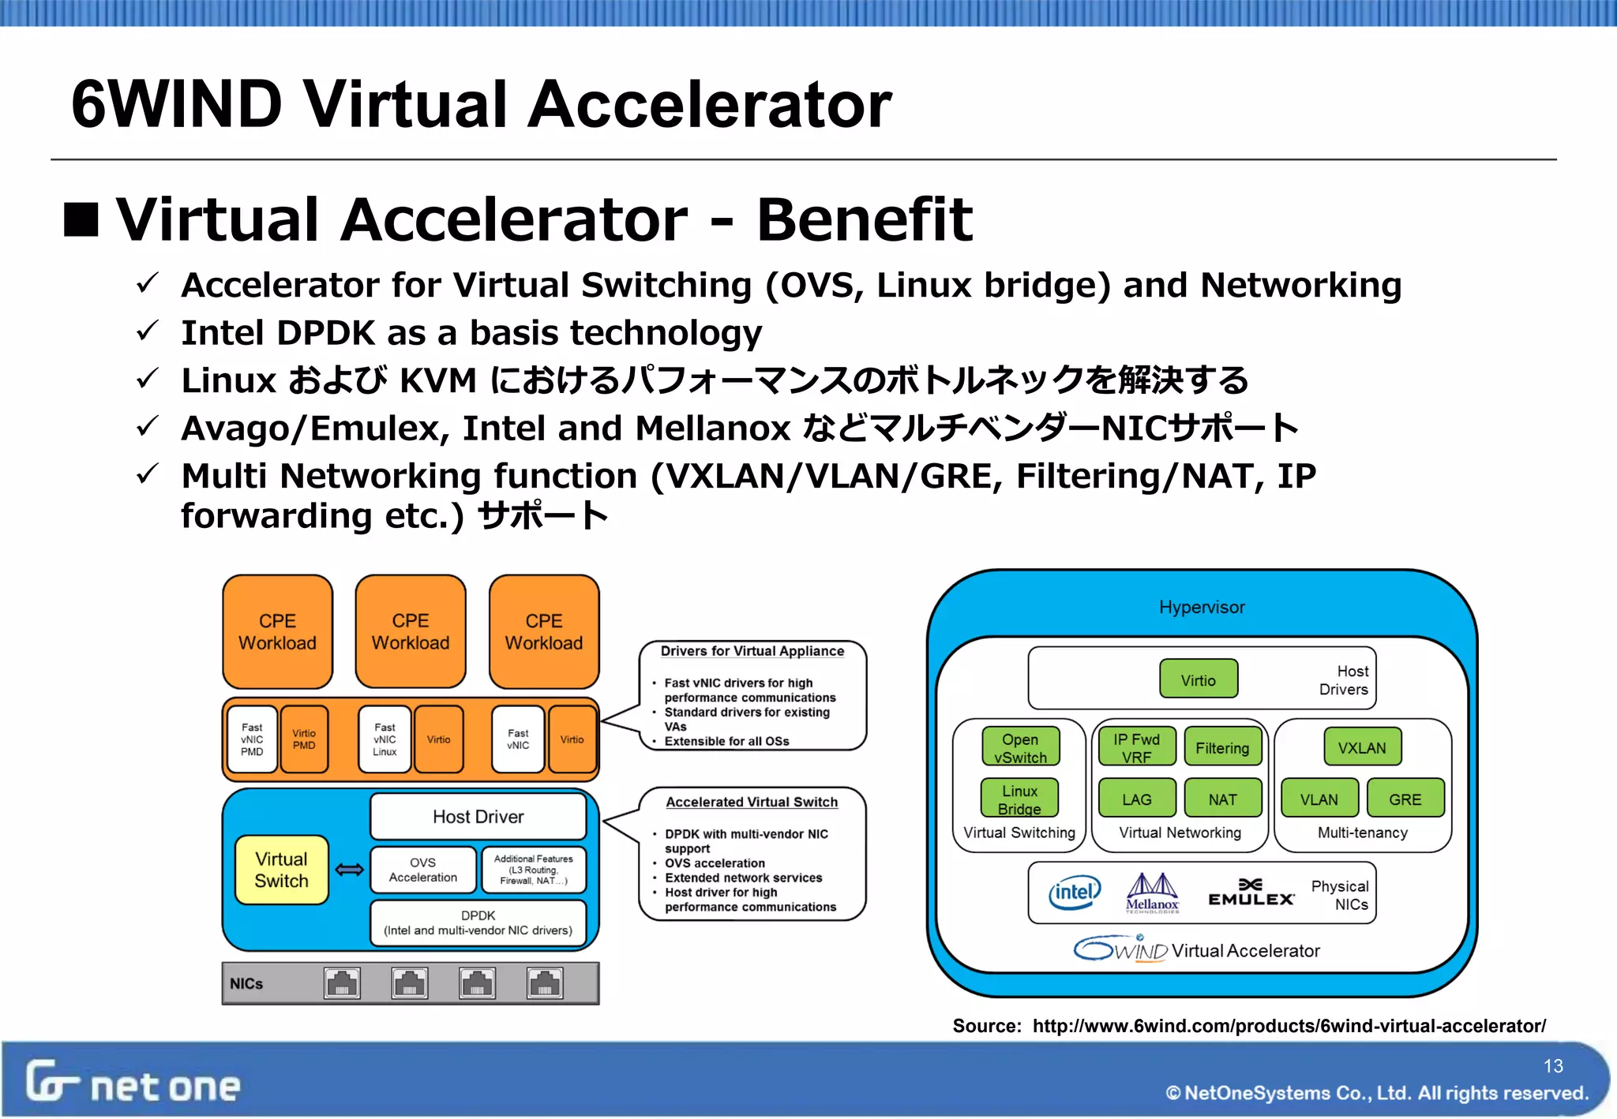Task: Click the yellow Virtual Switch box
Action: [281, 870]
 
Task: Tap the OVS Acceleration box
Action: [422, 870]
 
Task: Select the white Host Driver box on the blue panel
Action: [478, 817]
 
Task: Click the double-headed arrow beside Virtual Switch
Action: [349, 870]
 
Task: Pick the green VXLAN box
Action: [1361, 747]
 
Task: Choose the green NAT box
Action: [1222, 799]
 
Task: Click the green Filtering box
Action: [1221, 747]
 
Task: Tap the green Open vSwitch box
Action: [1020, 747]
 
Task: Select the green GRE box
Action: [1405, 799]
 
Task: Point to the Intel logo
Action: [1074, 893]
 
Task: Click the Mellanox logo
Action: [1152, 893]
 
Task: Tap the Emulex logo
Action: [1251, 893]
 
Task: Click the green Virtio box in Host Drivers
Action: [1198, 679]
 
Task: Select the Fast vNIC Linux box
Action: [385, 739]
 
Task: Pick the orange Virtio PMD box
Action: [304, 739]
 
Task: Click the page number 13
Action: [1553, 1066]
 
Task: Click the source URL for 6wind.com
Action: [1289, 1026]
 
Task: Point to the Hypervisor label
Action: [1201, 607]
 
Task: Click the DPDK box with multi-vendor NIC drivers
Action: [478, 923]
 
